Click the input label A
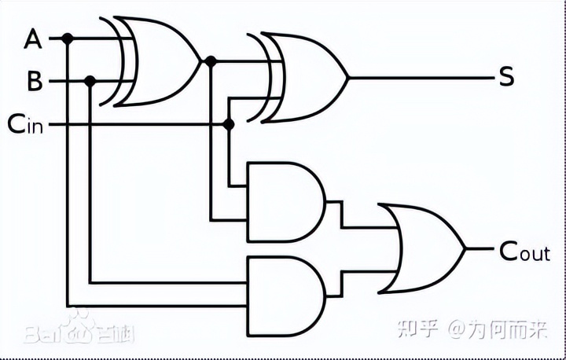33,37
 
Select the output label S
506,77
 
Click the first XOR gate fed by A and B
161,61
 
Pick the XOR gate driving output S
307,77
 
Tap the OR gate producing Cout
424,248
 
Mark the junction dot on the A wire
68,38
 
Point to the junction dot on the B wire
90,81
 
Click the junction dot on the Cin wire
229,124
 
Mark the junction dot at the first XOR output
211,61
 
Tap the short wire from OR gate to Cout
480,249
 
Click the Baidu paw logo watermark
79,332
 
